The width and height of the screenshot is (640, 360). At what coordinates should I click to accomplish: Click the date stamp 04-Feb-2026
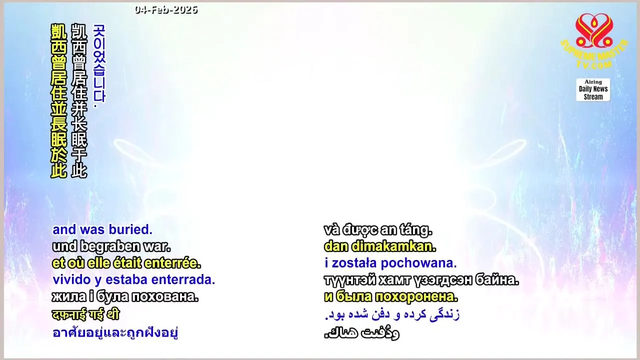(166, 10)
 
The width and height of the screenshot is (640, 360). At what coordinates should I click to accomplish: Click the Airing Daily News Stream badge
(593, 89)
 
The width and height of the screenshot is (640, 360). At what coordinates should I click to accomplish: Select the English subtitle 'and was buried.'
(102, 229)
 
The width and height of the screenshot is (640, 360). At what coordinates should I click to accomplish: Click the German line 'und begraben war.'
(111, 246)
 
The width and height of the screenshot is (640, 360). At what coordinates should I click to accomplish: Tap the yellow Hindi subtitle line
(85, 314)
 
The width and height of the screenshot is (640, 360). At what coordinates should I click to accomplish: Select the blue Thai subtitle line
(115, 332)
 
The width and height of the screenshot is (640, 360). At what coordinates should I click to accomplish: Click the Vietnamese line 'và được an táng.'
(378, 230)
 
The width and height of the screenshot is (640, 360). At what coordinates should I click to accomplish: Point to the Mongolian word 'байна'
(497, 280)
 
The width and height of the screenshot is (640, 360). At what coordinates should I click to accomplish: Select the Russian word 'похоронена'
(416, 297)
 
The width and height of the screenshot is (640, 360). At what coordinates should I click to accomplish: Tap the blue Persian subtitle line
(392, 314)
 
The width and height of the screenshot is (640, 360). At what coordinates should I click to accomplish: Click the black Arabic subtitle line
(361, 333)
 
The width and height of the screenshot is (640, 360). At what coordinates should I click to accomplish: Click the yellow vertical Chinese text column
(59, 101)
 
